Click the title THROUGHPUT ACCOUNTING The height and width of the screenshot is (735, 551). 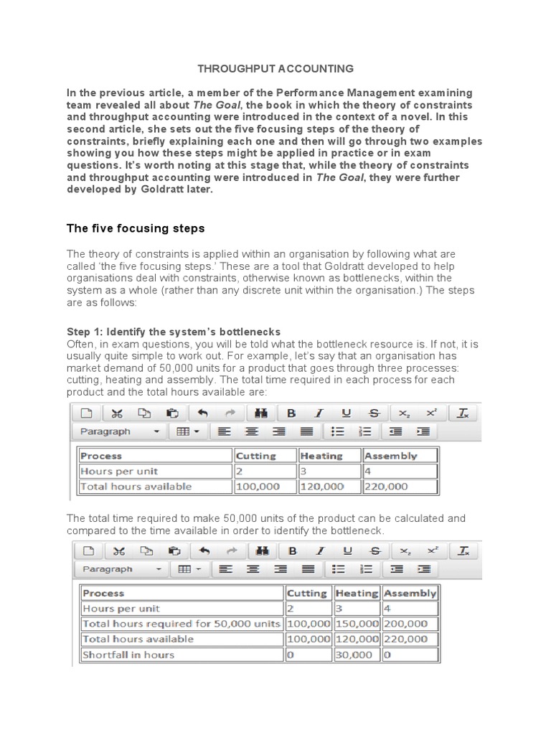[275, 69]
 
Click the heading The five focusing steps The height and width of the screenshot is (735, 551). [136, 229]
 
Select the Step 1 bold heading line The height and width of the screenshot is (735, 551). [174, 332]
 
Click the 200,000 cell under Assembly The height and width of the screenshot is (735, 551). [409, 624]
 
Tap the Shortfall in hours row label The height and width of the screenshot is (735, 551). [128, 655]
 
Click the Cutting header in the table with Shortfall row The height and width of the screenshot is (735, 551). [306, 594]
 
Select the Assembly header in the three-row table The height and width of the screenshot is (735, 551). [391, 456]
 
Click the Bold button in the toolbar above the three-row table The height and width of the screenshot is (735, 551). [291, 413]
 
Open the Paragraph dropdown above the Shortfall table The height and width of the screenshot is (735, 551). [119, 569]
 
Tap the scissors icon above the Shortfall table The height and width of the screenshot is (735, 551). [118, 551]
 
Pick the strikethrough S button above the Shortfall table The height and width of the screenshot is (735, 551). [373, 551]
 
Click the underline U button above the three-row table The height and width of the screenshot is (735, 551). [346, 413]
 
